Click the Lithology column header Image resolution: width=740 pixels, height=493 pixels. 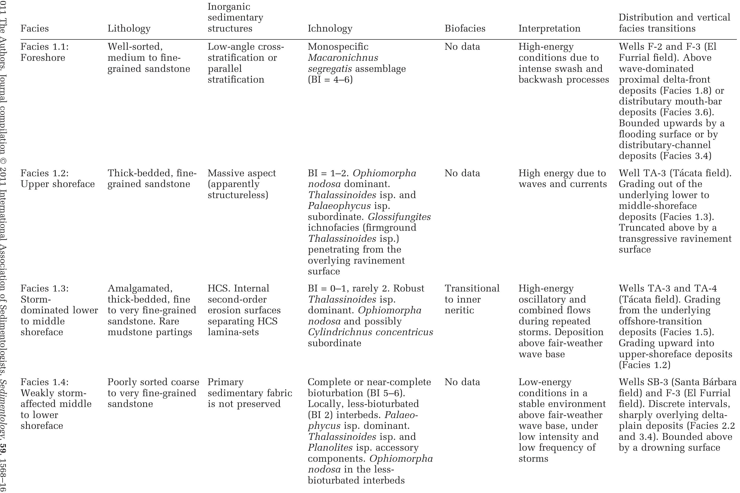click(129, 29)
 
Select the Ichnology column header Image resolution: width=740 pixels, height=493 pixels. click(330, 29)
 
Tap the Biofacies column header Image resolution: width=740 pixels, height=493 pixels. click(465, 29)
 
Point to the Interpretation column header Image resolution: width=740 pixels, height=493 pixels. click(549, 29)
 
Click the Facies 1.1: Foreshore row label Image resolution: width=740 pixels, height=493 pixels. click(44, 52)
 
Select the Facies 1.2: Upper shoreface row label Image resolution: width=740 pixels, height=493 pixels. click(57, 179)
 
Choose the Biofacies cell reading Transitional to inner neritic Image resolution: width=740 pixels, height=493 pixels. click(472, 299)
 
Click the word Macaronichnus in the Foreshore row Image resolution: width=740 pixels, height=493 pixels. click(343, 58)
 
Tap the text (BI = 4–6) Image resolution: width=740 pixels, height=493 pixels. click(330, 79)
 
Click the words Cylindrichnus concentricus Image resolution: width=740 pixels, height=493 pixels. click(370, 332)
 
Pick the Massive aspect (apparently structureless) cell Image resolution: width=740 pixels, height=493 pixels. click(241, 184)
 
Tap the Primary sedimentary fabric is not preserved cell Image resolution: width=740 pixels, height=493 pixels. click(250, 393)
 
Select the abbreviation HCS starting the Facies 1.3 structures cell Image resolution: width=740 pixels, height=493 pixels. click(217, 289)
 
